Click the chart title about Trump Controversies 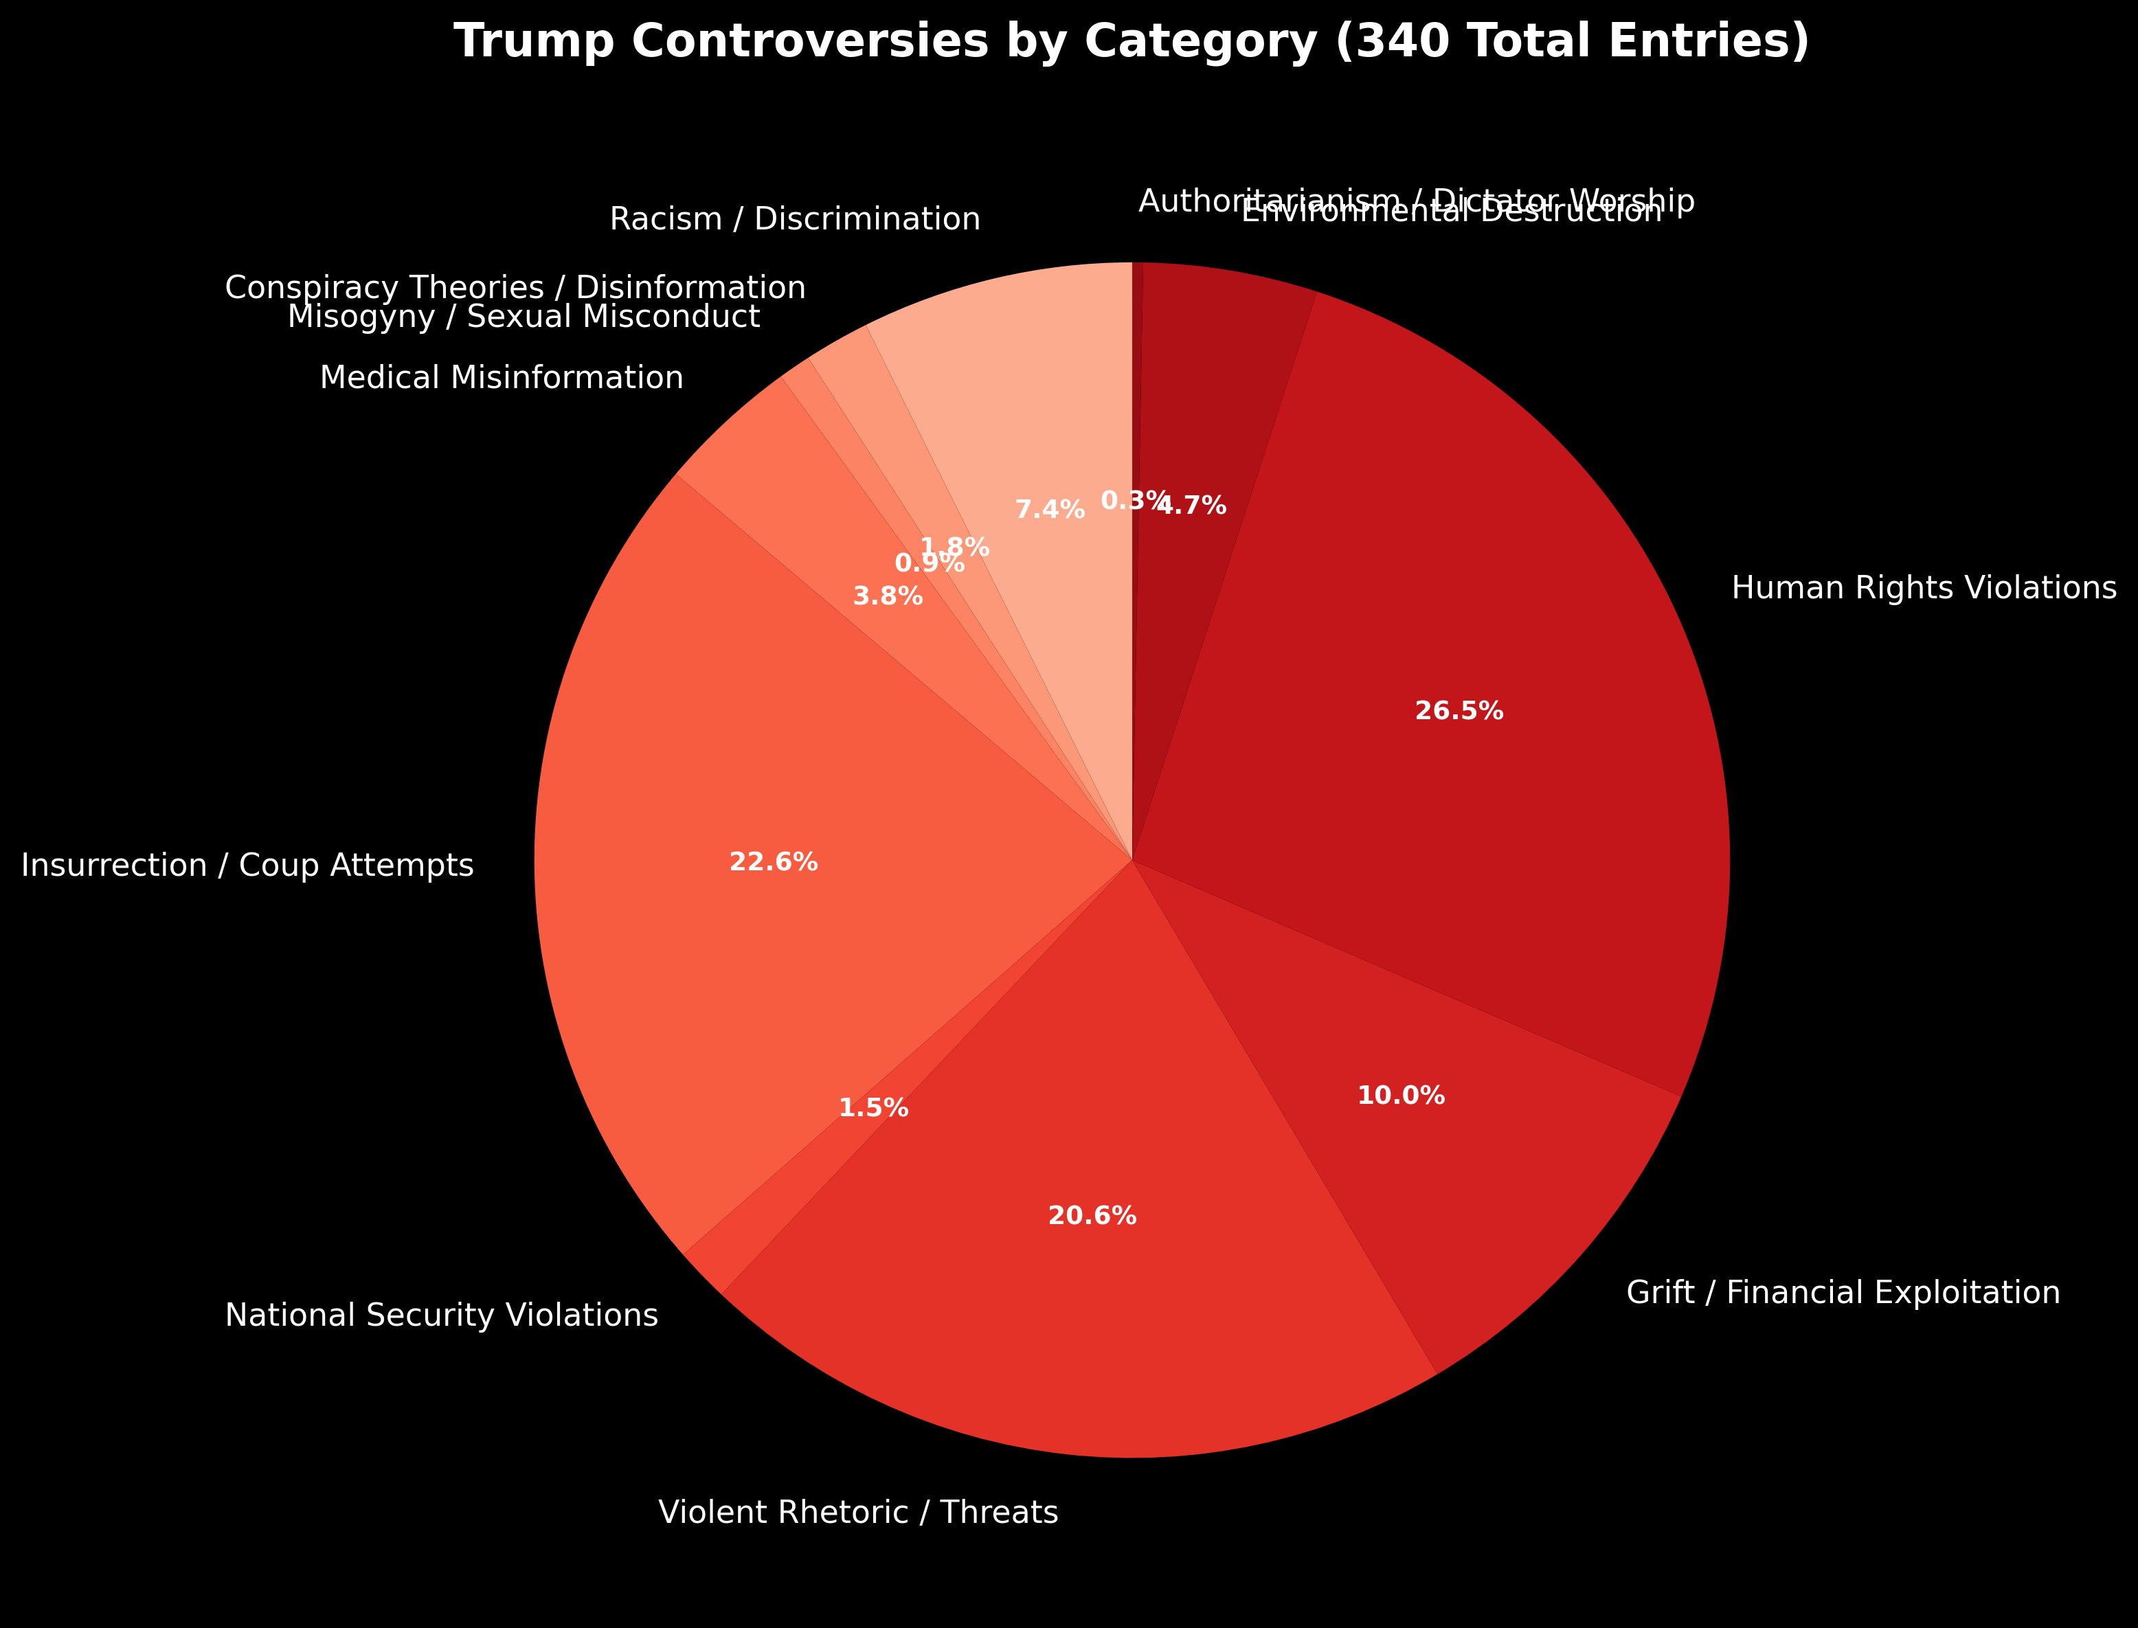point(1131,43)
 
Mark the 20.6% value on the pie point(1092,1216)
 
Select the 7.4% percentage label point(1050,510)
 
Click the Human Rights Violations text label point(1924,588)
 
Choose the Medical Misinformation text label point(501,378)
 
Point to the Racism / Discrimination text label point(795,220)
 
